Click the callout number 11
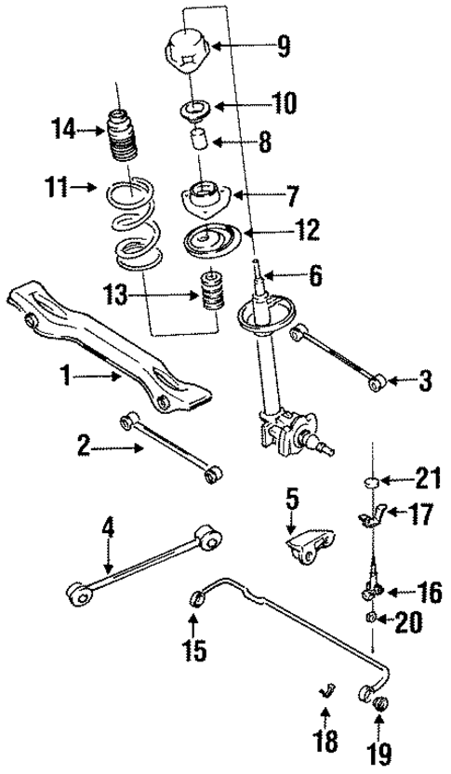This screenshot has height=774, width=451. coord(58,188)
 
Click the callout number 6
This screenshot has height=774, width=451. coord(315,275)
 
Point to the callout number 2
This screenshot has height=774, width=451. coord(84,448)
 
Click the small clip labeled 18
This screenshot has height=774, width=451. coord(326,689)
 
